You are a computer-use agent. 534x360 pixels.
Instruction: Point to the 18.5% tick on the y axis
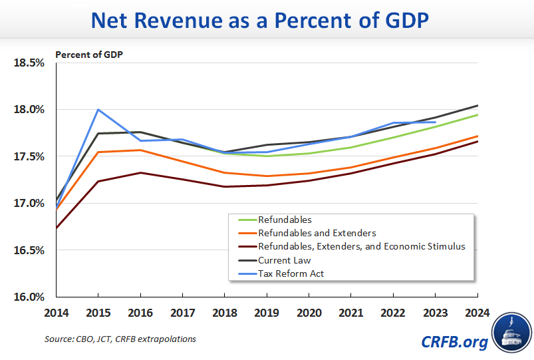pyautogui.click(x=29, y=63)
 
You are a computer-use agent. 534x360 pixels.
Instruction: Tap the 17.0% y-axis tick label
pyautogui.click(x=29, y=203)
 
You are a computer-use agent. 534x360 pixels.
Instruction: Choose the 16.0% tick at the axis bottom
pyautogui.click(x=29, y=297)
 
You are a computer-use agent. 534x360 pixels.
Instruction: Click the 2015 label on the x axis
pyautogui.click(x=98, y=311)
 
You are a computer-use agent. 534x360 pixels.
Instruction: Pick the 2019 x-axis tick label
pyautogui.click(x=267, y=311)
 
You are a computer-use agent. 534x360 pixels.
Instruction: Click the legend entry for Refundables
pyautogui.click(x=284, y=220)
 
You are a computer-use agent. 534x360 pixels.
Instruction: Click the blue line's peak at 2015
pyautogui.click(x=98, y=110)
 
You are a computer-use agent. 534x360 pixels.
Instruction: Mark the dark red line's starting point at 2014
pyautogui.click(x=57, y=228)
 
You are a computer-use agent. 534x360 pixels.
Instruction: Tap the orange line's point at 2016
pyautogui.click(x=140, y=150)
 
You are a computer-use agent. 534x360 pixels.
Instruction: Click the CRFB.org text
pyautogui.click(x=454, y=342)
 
